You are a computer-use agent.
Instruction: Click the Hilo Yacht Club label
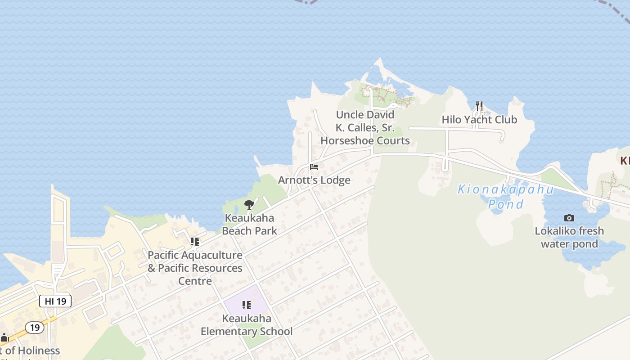[479, 120]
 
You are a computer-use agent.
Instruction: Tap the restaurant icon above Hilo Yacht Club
[479, 106]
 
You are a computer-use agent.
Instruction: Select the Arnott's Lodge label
[314, 180]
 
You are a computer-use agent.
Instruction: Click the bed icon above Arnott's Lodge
[314, 167]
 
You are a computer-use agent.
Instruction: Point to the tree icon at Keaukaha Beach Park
[249, 205]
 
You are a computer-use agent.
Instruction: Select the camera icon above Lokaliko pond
[569, 218]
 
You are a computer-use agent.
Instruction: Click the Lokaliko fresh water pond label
[569, 238]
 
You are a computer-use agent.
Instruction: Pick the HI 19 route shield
[55, 301]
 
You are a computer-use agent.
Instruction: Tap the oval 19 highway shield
[35, 327]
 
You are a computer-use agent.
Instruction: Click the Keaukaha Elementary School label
[247, 325]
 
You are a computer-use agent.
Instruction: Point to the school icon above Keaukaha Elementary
[247, 306]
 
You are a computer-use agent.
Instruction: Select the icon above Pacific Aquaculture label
[195, 242]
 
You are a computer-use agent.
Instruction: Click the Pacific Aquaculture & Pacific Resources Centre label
[195, 268]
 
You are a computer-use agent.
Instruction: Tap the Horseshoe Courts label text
[365, 141]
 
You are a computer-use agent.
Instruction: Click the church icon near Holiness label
[4, 337]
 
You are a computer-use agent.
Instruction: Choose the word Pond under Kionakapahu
[506, 204]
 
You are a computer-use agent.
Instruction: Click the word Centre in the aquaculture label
[195, 281]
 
